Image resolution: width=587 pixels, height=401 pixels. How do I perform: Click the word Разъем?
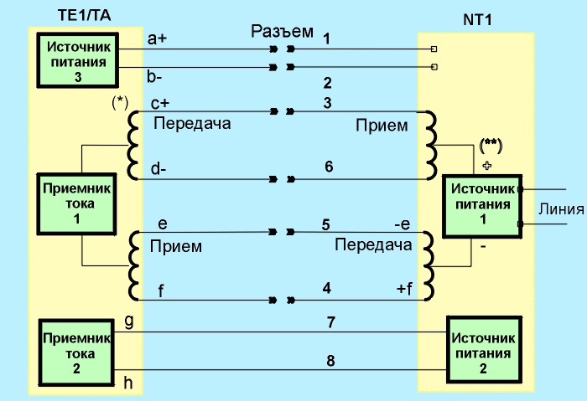pos(282,33)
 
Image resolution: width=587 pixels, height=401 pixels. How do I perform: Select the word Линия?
pos(561,209)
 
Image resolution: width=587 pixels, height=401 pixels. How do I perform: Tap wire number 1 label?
pos(326,39)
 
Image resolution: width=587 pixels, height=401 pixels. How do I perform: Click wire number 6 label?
pos(329,167)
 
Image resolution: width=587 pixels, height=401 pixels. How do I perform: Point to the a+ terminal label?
pos(158,39)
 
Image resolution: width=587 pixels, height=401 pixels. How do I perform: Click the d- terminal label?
pos(158,167)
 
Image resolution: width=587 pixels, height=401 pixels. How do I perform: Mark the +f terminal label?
pos(404,289)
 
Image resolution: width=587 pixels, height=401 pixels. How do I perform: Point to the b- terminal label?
pos(156,78)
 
